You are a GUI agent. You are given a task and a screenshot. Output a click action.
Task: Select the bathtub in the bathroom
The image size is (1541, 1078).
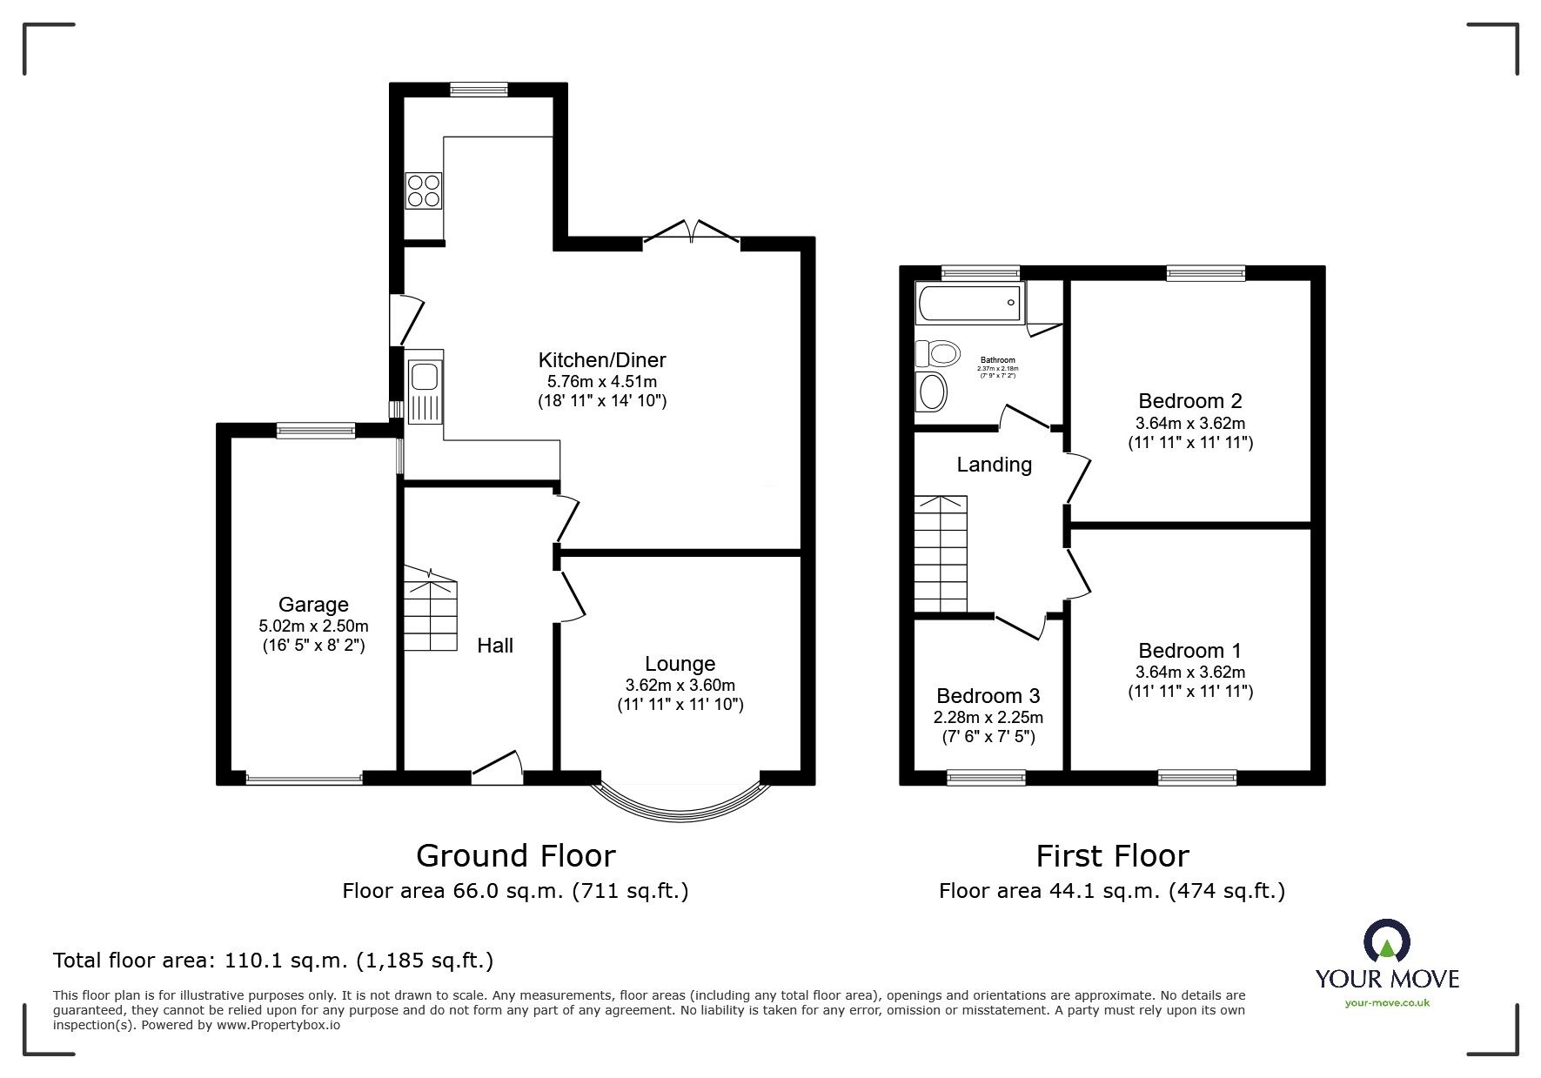click(x=969, y=303)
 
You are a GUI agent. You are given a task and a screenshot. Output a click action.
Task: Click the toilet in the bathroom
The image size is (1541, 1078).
click(x=937, y=353)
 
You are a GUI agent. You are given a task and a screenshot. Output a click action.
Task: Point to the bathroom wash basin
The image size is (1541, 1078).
click(x=931, y=392)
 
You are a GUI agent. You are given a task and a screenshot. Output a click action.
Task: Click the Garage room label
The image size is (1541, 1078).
click(x=313, y=604)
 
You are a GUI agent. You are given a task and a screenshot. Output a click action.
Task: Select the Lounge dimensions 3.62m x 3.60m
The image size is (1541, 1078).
click(x=680, y=686)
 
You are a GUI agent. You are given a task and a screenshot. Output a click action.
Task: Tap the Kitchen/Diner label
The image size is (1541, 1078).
click(x=601, y=359)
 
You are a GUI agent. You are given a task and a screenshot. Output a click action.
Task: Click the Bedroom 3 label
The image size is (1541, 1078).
click(x=988, y=695)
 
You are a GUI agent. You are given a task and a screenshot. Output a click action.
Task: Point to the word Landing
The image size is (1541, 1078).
click(x=994, y=465)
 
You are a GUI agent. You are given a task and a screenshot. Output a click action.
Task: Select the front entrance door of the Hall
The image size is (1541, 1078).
click(x=497, y=768)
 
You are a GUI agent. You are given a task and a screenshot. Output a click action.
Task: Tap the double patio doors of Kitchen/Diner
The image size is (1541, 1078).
click(x=692, y=231)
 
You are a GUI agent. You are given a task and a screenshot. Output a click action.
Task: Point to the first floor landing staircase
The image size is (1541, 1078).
click(x=941, y=553)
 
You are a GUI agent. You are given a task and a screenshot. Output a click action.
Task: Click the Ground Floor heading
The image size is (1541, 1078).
click(x=515, y=856)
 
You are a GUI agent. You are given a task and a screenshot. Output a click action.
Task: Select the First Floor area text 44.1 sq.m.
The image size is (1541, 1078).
click(x=1111, y=891)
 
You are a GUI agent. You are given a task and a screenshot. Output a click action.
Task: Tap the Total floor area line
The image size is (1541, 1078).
click(x=273, y=961)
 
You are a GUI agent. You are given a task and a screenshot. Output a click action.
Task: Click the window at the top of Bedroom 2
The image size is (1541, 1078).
click(x=1205, y=273)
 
